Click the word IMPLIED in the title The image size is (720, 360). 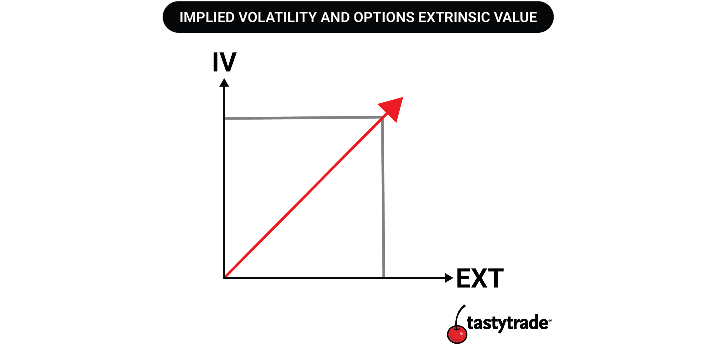[207, 17]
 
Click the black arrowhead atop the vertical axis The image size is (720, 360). [224, 83]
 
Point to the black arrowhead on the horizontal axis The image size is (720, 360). [449, 278]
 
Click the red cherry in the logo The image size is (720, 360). [457, 334]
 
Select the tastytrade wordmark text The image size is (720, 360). [507, 323]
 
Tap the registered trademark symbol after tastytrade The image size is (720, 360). [550, 321]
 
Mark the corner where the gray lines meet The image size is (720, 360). [382, 117]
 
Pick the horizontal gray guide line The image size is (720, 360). [304, 118]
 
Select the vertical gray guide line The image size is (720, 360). [383, 197]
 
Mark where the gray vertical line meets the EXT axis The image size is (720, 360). [384, 277]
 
